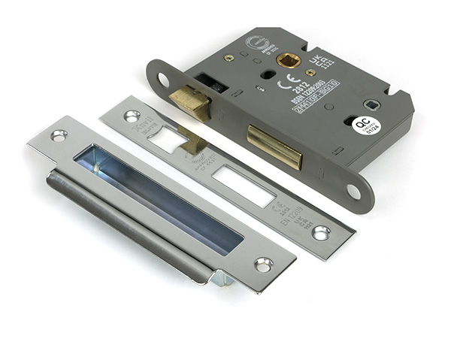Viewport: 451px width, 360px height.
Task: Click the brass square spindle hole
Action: [x=289, y=59]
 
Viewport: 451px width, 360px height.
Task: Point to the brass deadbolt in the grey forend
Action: [x=274, y=146]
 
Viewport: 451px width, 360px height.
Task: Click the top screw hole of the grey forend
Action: [x=162, y=78]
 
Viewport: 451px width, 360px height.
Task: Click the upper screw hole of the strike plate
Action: [x=59, y=135]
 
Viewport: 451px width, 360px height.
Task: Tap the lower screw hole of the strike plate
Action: [x=263, y=265]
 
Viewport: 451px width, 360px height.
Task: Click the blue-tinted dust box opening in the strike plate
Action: [x=158, y=195]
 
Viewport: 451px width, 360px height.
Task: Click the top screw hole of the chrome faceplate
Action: [x=132, y=116]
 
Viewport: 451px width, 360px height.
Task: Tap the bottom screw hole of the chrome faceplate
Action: [x=321, y=232]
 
